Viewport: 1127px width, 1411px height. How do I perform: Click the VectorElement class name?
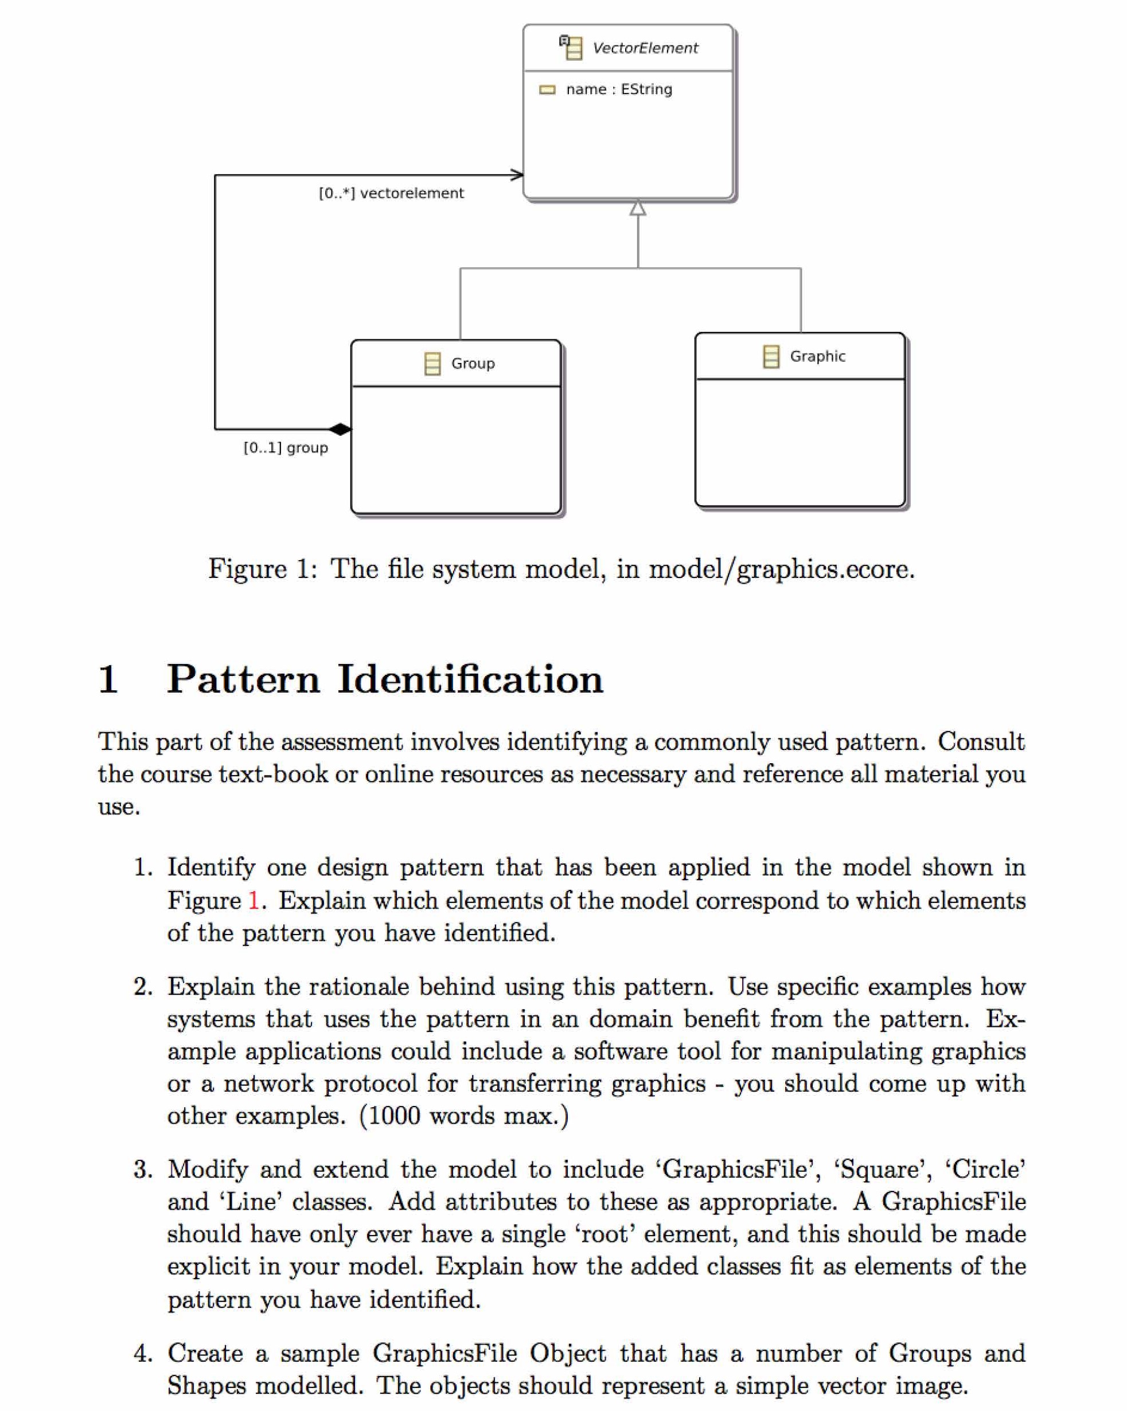coord(645,48)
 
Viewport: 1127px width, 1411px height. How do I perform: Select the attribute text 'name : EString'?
coord(618,89)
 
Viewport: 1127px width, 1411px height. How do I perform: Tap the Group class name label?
coord(472,364)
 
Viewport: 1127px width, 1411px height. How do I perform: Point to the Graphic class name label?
coord(817,356)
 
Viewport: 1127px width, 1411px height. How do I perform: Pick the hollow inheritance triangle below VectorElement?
coord(637,208)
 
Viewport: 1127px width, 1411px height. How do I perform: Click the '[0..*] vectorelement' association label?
coord(391,193)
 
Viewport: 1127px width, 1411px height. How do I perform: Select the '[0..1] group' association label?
coord(286,448)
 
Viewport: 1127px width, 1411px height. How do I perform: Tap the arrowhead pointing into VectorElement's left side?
coord(517,175)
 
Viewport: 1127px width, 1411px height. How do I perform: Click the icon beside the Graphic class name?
coord(771,357)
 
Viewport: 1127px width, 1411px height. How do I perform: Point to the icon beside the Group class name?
coord(432,364)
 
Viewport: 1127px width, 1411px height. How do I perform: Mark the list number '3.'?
coord(143,1169)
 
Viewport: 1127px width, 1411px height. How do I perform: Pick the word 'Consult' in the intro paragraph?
coord(980,741)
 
